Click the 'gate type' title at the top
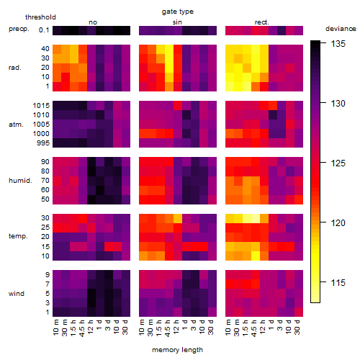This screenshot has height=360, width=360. point(178,12)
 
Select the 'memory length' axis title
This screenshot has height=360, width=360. point(178,350)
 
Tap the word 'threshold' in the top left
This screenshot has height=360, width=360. point(40,17)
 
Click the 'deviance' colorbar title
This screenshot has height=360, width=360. point(341,29)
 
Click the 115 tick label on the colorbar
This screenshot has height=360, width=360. point(338,283)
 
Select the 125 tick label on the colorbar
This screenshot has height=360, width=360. point(338,163)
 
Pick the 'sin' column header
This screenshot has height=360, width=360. point(177,22)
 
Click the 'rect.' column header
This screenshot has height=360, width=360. point(262,22)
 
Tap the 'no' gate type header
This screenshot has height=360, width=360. point(93,22)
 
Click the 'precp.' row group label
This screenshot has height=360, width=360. point(19,29)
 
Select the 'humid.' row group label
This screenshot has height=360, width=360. point(20,180)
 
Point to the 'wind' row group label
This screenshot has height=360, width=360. point(17,294)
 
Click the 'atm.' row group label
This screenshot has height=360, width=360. point(16,125)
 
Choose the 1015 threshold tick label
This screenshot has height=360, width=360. point(41,106)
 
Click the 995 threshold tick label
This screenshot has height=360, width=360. point(43,143)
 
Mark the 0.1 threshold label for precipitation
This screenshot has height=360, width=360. point(44,30)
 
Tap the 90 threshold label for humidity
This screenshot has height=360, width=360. point(45,162)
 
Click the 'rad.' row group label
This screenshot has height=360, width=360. point(15,68)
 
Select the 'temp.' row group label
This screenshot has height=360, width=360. point(18,236)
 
